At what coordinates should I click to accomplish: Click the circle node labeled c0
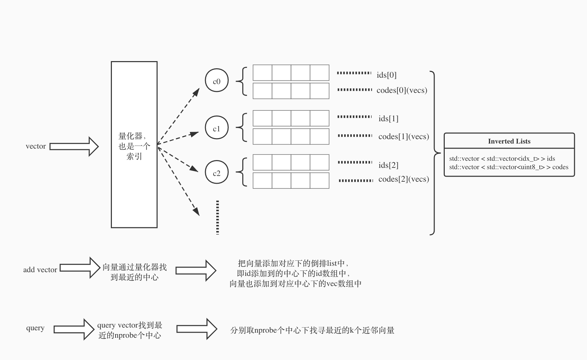coord(217,81)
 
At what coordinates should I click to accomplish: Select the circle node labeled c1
coord(217,128)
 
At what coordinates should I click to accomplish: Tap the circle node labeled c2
coord(217,173)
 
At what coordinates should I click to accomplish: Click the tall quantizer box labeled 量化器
coord(134,145)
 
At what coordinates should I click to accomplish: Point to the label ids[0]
coord(387,75)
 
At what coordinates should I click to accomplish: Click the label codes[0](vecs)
coord(402,90)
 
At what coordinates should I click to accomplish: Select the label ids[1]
coord(388,119)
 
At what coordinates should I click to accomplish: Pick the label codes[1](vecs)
coord(403,136)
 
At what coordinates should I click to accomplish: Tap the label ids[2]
coord(388,165)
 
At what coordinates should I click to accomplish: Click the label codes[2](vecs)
coord(403,179)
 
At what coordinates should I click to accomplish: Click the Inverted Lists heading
coord(509,141)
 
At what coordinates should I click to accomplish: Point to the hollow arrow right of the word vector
coord(74,146)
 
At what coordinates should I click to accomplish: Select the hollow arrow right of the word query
coord(74,329)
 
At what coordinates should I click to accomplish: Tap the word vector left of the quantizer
coord(36,146)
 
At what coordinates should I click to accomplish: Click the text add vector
coord(40,270)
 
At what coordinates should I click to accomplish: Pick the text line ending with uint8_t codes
coord(509,167)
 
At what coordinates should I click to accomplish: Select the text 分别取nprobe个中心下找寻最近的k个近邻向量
coord(312,330)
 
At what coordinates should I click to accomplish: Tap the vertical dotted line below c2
coord(217,217)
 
